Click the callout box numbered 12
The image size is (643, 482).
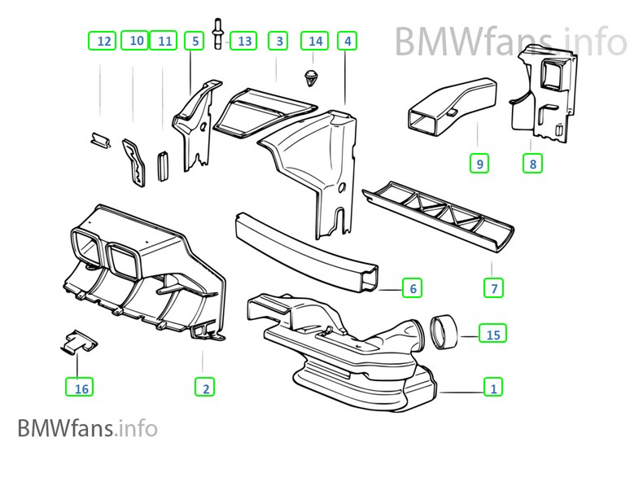(x=103, y=40)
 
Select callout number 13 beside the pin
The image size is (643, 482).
(x=243, y=40)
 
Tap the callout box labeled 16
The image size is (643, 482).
(x=81, y=388)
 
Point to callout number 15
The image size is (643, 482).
(x=492, y=334)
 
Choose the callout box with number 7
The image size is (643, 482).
(x=493, y=287)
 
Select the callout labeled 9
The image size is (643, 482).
(x=479, y=164)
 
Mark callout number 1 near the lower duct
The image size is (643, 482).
(x=492, y=388)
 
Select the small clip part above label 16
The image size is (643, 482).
(x=78, y=340)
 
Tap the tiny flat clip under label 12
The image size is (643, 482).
(x=100, y=141)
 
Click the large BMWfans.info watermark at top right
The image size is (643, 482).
(x=511, y=42)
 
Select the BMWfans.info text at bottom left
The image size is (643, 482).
(x=86, y=427)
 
